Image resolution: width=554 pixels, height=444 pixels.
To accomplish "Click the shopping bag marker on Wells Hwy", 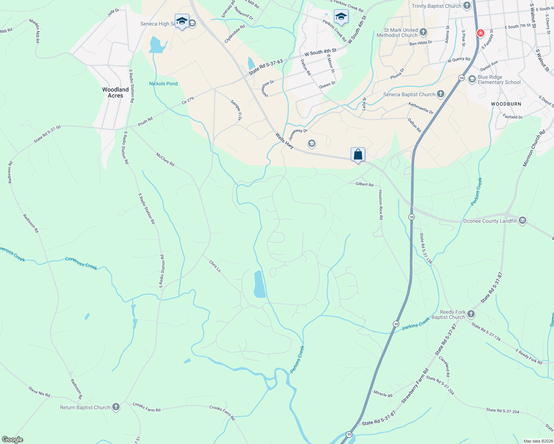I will (x=358, y=154).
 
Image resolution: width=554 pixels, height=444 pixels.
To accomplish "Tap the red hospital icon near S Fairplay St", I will (x=481, y=33).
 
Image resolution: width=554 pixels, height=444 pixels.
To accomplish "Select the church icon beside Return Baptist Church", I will (x=116, y=407).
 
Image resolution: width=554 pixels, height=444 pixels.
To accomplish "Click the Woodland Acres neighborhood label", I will (x=116, y=92).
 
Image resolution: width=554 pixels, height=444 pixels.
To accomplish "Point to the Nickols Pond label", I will (x=163, y=84).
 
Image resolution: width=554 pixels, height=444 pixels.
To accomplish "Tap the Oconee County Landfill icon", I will (x=523, y=221).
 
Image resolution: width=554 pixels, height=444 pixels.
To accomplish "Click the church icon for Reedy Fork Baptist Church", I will (x=471, y=314).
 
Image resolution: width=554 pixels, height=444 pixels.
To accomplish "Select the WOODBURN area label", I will (x=506, y=104).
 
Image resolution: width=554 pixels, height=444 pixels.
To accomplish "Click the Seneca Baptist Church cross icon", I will (x=440, y=94).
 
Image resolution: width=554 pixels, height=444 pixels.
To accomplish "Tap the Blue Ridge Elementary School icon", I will (x=472, y=79).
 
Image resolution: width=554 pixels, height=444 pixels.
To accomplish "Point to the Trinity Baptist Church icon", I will (x=467, y=6).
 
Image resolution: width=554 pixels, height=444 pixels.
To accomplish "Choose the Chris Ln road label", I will (x=215, y=266).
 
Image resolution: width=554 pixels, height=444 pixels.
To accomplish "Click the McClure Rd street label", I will (x=165, y=159).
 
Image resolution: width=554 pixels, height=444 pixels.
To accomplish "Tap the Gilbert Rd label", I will (x=364, y=184).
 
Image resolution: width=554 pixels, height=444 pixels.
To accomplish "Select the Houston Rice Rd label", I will (x=380, y=205).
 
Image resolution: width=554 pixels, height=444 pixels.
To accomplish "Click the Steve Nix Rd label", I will (x=39, y=391).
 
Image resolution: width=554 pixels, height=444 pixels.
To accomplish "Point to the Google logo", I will (x=13, y=439).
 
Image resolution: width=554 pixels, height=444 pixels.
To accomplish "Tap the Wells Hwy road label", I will (x=284, y=141).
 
